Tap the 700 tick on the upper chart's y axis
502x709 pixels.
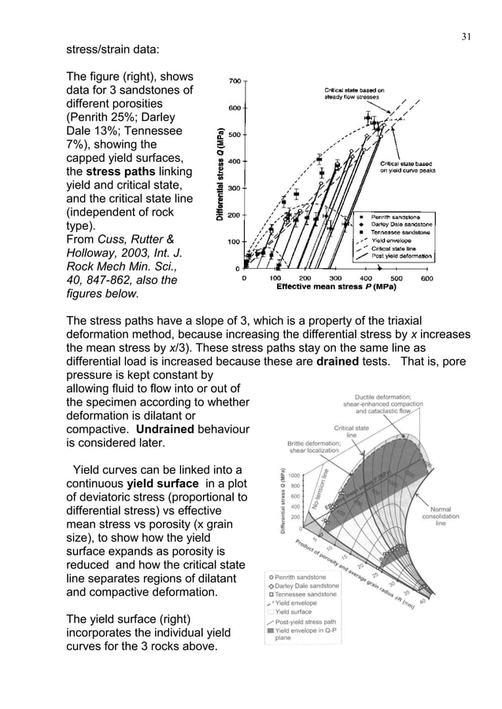tap(234, 81)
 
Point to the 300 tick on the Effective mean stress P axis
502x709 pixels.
tap(334, 277)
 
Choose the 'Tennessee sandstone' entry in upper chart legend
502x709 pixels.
tap(398, 233)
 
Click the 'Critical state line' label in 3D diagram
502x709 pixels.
tap(352, 432)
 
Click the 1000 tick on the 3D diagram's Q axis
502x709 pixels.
tap(296, 476)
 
